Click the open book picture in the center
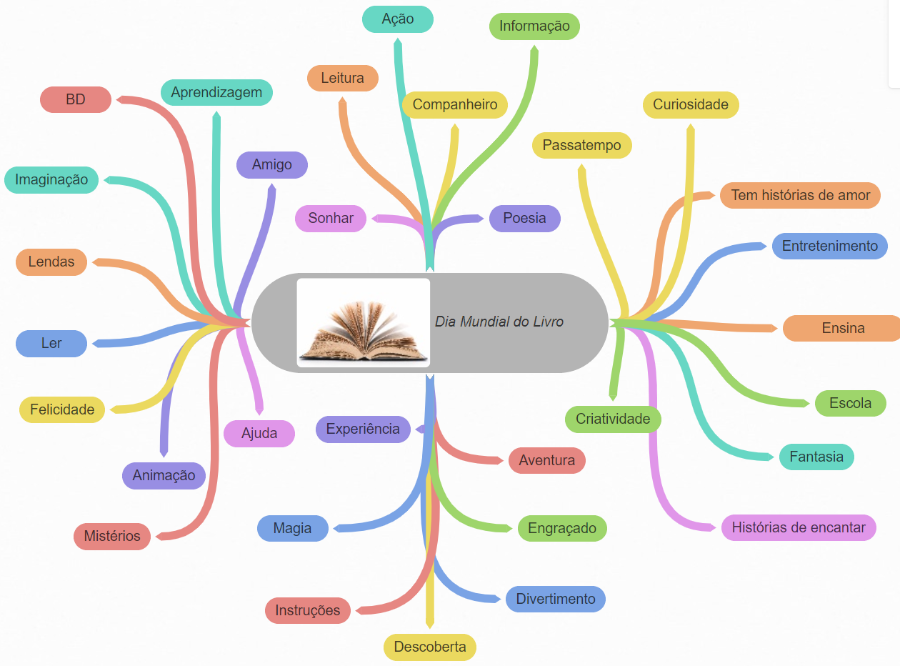363,323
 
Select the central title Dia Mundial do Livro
499,322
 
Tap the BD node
76,99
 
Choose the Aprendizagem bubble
216,92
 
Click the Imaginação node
51,179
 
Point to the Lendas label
51,262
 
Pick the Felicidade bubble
62,409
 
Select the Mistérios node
112,536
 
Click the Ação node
398,19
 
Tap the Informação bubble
534,26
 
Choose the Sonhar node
331,218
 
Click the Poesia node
524,218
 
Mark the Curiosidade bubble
691,104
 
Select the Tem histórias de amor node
800,195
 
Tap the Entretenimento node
829,246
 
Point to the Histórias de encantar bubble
799,527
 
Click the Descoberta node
430,647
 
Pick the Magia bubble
292,528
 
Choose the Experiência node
363,429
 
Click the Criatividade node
613,419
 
